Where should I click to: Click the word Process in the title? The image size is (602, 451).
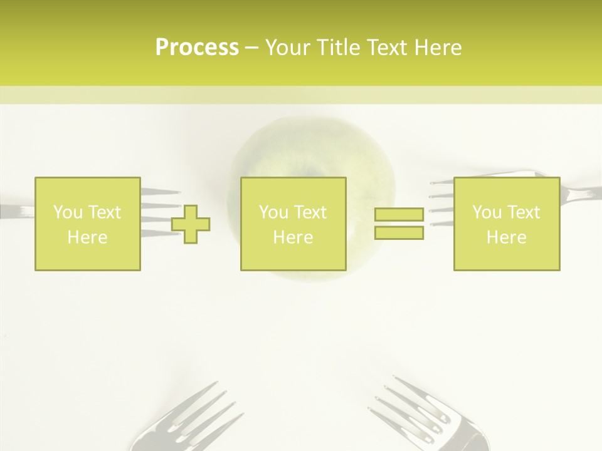[197, 48]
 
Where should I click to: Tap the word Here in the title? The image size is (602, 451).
[437, 48]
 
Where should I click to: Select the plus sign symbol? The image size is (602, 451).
[191, 224]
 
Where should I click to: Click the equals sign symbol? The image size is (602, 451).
[399, 224]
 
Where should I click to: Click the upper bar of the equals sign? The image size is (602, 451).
[399, 215]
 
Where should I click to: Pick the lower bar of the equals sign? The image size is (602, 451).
[399, 232]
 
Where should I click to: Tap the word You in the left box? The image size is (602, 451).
[67, 212]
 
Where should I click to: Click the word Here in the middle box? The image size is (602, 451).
[293, 237]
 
